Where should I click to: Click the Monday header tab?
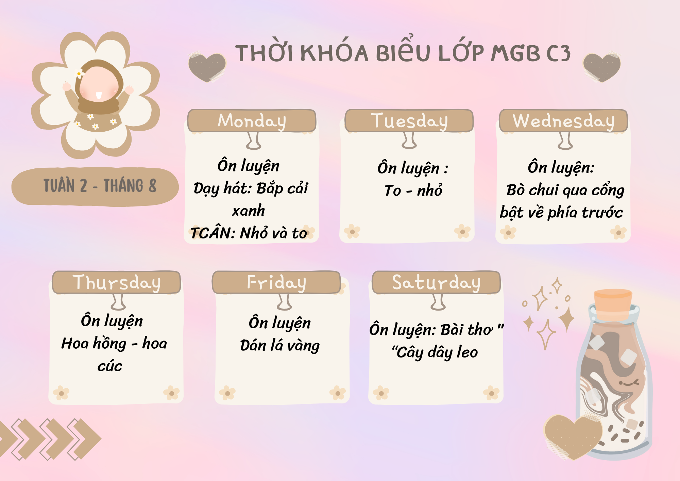tap(252, 121)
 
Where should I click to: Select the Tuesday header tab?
tap(409, 121)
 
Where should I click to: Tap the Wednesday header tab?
tap(563, 121)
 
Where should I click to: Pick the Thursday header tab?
tap(116, 282)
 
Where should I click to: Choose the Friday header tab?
tap(276, 282)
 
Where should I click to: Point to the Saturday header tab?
tap(436, 282)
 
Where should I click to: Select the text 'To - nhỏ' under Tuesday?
tap(413, 190)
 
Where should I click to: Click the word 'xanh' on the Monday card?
tap(249, 211)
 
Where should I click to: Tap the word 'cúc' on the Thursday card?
tap(110, 366)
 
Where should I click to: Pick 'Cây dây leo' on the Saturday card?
tap(435, 352)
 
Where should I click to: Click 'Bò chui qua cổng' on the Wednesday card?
tap(565, 190)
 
